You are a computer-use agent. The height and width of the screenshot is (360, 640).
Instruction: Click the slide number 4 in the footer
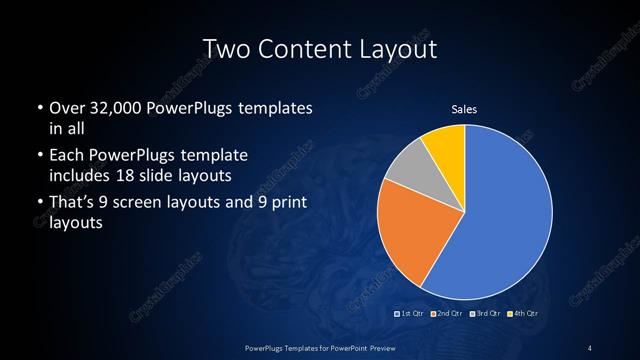click(590, 347)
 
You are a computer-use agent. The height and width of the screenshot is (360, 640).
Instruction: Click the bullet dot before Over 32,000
click(37, 108)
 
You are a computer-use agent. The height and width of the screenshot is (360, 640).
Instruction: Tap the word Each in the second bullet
click(67, 156)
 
